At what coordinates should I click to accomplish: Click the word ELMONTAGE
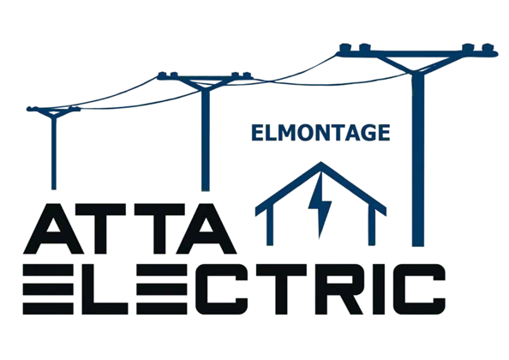(320, 133)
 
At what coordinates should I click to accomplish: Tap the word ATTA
(130, 229)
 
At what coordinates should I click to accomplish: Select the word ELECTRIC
(234, 289)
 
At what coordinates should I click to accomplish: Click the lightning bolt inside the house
(320, 205)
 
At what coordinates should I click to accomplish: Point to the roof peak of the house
(321, 163)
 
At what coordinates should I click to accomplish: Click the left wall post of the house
(270, 226)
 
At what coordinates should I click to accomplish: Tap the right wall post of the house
(372, 226)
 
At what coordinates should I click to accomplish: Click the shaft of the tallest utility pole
(418, 160)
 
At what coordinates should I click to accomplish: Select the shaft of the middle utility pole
(205, 141)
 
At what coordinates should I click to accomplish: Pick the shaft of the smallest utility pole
(54, 153)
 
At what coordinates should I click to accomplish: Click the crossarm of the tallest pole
(417, 54)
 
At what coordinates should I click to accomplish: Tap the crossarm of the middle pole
(205, 77)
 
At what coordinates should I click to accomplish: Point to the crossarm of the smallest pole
(54, 110)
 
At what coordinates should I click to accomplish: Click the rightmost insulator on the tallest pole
(488, 48)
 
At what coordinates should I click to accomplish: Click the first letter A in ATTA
(54, 229)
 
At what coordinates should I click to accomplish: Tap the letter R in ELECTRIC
(339, 289)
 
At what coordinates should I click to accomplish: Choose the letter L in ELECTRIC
(105, 289)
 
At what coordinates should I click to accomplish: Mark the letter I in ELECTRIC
(379, 289)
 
